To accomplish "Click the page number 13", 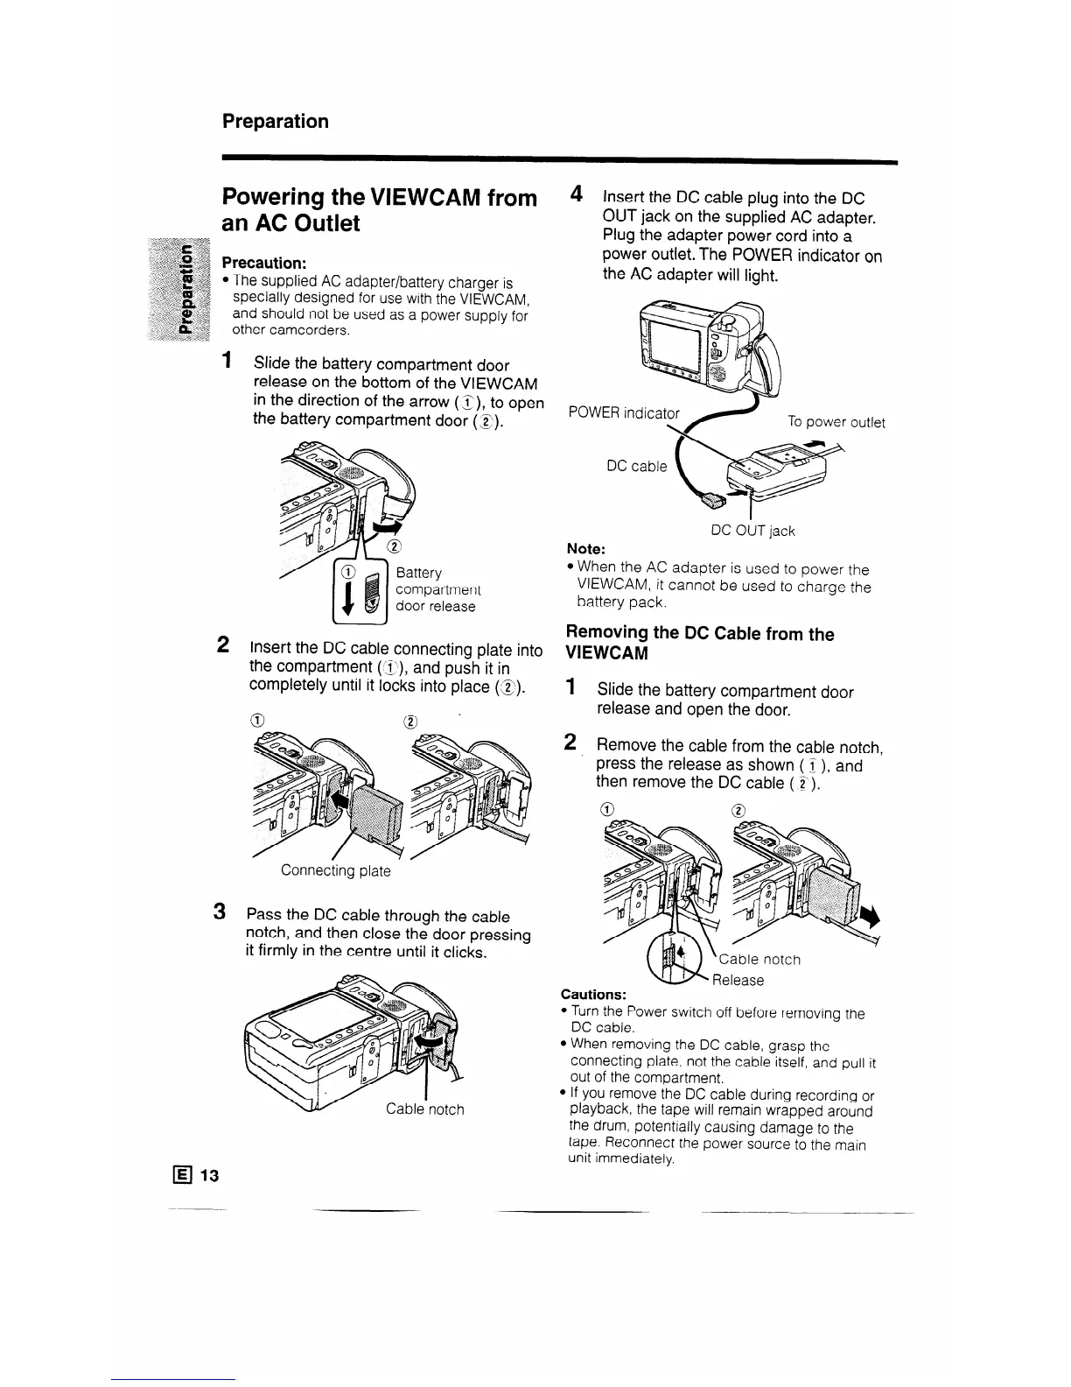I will point(208,1175).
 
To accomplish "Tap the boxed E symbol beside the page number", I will point(185,1175).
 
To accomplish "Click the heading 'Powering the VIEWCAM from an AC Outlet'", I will point(380,210).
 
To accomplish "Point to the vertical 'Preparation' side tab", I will point(185,290).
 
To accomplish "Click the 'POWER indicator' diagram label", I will point(623,412).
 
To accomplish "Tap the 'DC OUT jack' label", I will point(752,531).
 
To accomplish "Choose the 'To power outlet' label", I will point(836,423).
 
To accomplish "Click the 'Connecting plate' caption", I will point(335,870).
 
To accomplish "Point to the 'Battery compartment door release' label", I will point(436,589).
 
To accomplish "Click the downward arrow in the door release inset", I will point(348,600).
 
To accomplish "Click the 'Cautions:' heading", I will point(593,995).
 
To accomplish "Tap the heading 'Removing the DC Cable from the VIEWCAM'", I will point(700,644).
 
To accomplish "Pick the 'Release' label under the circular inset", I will point(738,980).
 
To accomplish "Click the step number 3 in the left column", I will point(222,912).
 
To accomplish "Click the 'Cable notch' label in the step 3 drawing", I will point(425,1109).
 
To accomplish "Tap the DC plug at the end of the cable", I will point(712,499).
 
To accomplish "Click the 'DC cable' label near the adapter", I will point(636,466).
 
